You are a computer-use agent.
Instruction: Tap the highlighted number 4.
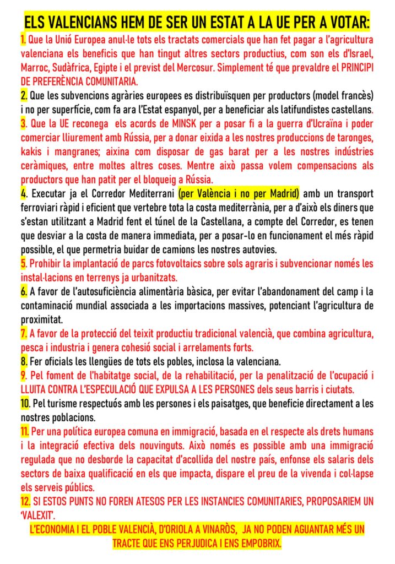24,194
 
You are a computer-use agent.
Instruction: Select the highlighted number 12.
26,501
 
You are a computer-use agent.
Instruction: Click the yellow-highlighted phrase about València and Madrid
239,194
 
